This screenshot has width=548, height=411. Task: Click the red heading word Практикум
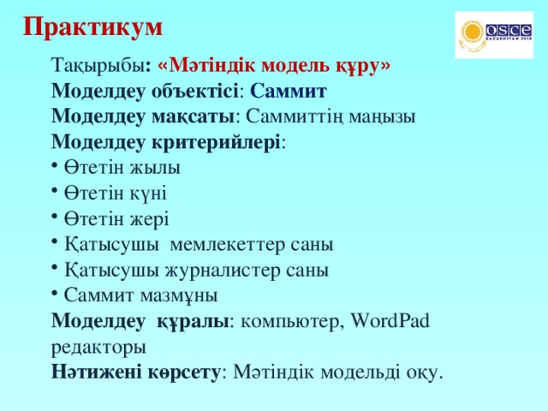[x=92, y=27]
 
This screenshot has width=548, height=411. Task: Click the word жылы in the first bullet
[x=154, y=167]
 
